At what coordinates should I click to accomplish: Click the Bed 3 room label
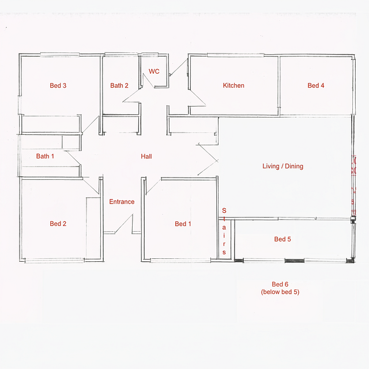(x=58, y=85)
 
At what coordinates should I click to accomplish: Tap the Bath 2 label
(x=119, y=85)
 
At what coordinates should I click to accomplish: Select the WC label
(x=154, y=71)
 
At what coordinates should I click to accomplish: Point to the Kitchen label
(x=234, y=85)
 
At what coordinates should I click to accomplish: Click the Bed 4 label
(x=316, y=85)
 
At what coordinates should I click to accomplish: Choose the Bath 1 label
(x=45, y=156)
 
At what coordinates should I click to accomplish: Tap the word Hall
(x=146, y=156)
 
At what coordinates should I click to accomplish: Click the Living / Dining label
(x=283, y=166)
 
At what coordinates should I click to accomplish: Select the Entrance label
(x=122, y=202)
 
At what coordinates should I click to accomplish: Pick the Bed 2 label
(x=58, y=224)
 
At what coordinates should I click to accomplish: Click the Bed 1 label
(x=183, y=224)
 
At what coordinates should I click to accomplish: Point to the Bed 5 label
(x=283, y=239)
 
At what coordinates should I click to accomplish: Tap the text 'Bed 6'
(x=280, y=284)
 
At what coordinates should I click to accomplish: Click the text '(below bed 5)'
(x=280, y=292)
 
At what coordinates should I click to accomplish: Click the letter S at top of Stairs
(x=224, y=210)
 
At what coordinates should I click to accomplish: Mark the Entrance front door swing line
(x=123, y=224)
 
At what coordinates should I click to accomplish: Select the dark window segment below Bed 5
(x=294, y=261)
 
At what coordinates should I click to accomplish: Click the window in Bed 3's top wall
(x=59, y=55)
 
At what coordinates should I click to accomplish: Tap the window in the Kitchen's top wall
(x=235, y=55)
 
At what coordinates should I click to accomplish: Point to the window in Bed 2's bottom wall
(x=54, y=260)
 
